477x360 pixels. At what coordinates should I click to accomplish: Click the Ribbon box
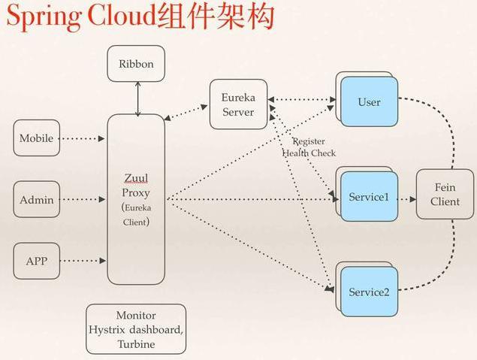point(136,64)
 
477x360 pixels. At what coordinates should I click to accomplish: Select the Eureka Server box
point(238,105)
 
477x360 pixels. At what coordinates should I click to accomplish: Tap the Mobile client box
point(36,138)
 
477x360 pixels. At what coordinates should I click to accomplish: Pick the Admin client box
point(36,200)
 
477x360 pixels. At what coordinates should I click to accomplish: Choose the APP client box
point(36,262)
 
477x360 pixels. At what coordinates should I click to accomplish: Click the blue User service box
point(369,102)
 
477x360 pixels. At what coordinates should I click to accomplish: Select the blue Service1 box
point(369,198)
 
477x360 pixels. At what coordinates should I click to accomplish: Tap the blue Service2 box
point(369,292)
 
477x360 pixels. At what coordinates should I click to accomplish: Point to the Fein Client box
point(445,194)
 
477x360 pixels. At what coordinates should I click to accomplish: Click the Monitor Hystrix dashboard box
point(136,329)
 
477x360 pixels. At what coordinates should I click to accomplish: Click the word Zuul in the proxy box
point(136,177)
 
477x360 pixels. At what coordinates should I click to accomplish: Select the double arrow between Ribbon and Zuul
point(137,98)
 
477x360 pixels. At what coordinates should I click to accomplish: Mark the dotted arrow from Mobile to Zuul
point(83,138)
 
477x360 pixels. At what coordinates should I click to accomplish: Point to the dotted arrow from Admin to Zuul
point(83,200)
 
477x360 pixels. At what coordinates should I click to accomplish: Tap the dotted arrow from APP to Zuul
point(83,262)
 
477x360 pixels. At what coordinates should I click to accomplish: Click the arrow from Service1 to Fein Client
point(406,200)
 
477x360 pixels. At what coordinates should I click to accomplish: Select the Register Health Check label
point(308,147)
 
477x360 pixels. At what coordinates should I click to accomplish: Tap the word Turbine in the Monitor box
point(136,344)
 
